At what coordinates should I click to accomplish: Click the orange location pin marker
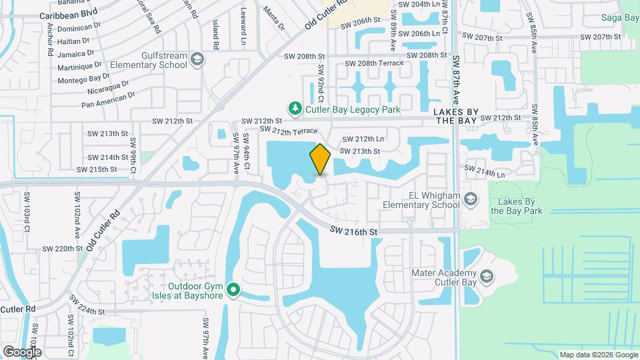[321, 159]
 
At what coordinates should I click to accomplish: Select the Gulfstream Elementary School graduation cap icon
[197, 60]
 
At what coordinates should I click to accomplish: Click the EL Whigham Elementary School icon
[471, 199]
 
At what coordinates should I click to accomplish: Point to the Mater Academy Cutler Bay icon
[487, 275]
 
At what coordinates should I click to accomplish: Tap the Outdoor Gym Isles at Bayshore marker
[233, 289]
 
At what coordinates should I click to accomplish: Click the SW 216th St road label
[353, 231]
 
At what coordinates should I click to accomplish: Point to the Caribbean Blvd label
[69, 13]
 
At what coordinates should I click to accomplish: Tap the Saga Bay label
[620, 17]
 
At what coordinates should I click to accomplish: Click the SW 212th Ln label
[363, 139]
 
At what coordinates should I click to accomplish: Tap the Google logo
[22, 351]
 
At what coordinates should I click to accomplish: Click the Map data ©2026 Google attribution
[598, 355]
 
